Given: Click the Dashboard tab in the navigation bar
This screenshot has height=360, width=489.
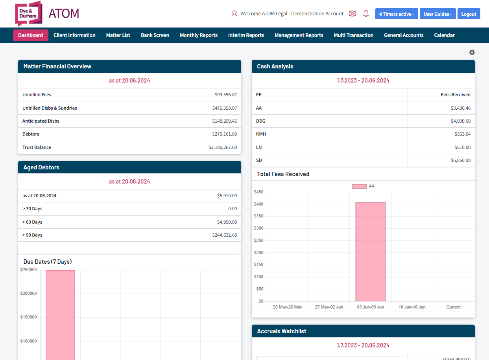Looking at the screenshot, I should click(x=31, y=35).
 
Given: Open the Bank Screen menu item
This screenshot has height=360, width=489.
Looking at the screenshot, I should click(x=155, y=35).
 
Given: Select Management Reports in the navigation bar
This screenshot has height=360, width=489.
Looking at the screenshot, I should click(x=299, y=35).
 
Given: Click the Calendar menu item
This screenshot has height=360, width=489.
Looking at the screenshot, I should click(x=444, y=35).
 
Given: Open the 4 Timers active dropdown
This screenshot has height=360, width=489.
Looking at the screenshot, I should click(x=396, y=14).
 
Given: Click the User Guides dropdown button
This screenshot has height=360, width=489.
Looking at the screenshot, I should click(x=437, y=14).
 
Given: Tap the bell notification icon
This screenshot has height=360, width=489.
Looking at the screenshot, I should click(x=366, y=14).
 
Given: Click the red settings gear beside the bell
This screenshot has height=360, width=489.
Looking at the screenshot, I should click(x=352, y=14).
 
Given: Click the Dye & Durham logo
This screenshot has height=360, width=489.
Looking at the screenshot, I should click(x=28, y=13).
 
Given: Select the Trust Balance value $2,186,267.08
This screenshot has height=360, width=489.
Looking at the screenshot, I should click(x=223, y=147).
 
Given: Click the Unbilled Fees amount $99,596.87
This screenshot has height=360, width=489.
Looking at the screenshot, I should click(x=226, y=95).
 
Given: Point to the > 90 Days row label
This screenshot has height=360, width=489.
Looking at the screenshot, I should click(x=32, y=235).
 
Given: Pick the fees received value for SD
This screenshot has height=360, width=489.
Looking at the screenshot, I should click(x=460, y=160).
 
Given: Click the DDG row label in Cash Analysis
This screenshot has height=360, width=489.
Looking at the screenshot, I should click(x=260, y=121).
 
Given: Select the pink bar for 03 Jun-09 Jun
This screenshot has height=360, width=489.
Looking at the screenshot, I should click(x=370, y=252).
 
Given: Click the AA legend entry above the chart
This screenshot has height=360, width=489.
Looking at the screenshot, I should click(x=363, y=186).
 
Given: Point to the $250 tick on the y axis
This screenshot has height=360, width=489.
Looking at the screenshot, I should click(x=258, y=241).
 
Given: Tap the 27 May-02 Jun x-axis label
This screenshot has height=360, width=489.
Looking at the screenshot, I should click(x=329, y=307).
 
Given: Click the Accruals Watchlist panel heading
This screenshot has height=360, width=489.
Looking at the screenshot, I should click(x=282, y=331).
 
